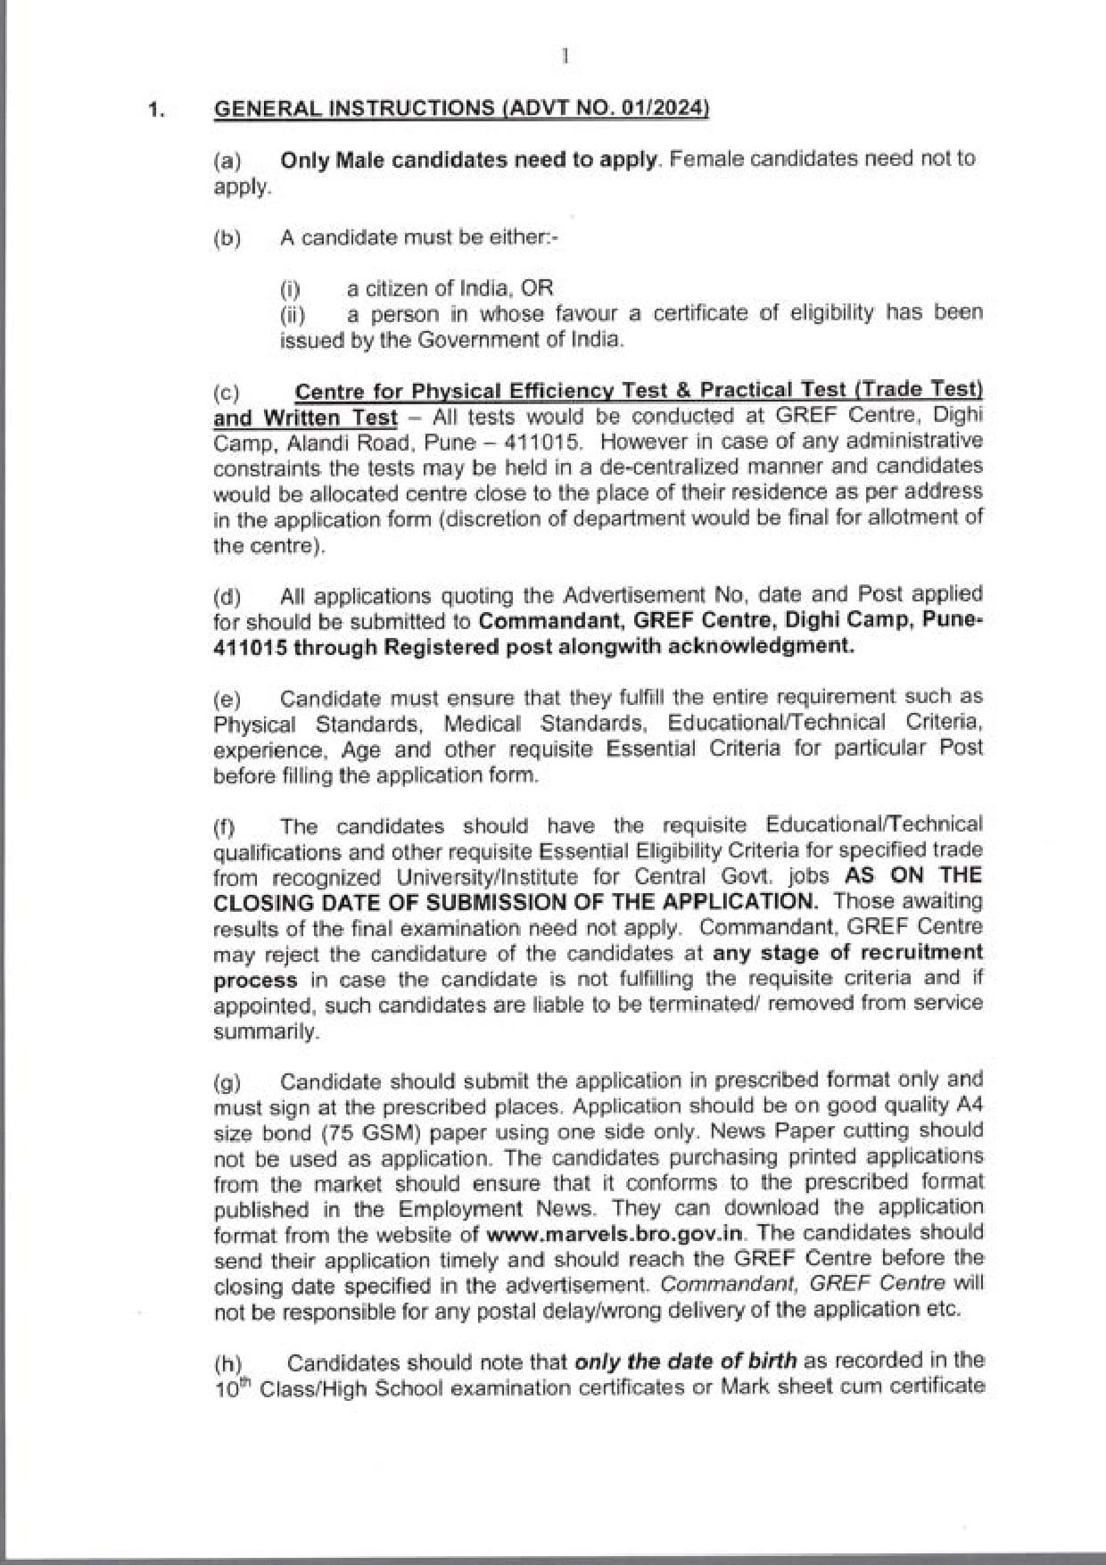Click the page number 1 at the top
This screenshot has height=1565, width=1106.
[565, 57]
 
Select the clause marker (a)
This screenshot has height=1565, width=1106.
[227, 161]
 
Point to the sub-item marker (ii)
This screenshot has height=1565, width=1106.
[293, 315]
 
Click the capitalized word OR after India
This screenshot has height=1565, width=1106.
[537, 288]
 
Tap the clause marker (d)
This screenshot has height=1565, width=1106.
[227, 597]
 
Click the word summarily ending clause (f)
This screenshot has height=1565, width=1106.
[265, 1031]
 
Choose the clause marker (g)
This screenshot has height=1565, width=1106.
[227, 1083]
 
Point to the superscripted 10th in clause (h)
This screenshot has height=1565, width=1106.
[231, 1388]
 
